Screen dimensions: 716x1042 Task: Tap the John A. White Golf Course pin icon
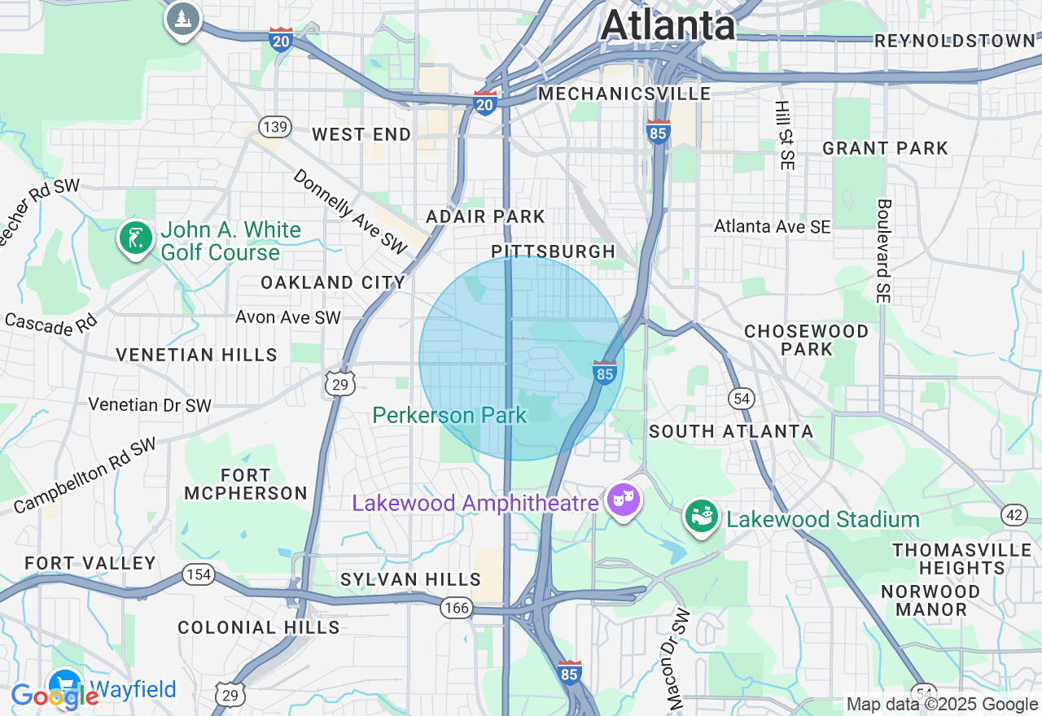tap(135, 239)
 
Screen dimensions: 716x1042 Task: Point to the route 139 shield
tap(275, 126)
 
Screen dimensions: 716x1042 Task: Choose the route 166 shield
tap(458, 608)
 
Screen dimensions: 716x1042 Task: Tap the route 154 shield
tap(199, 575)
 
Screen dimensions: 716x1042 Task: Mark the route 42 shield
tap(1014, 514)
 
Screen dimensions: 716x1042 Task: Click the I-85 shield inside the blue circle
tap(604, 371)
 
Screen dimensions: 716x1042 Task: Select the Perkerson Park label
tap(449, 415)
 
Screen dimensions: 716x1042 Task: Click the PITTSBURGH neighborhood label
tap(554, 251)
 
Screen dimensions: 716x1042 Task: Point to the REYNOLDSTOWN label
tap(954, 41)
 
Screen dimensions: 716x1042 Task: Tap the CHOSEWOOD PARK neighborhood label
tap(806, 340)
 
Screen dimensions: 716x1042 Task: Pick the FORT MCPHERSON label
tap(245, 484)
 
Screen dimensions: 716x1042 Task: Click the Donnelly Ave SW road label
tap(350, 212)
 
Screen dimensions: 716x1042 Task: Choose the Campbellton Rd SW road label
tap(84, 477)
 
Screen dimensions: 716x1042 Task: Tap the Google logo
tap(54, 696)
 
